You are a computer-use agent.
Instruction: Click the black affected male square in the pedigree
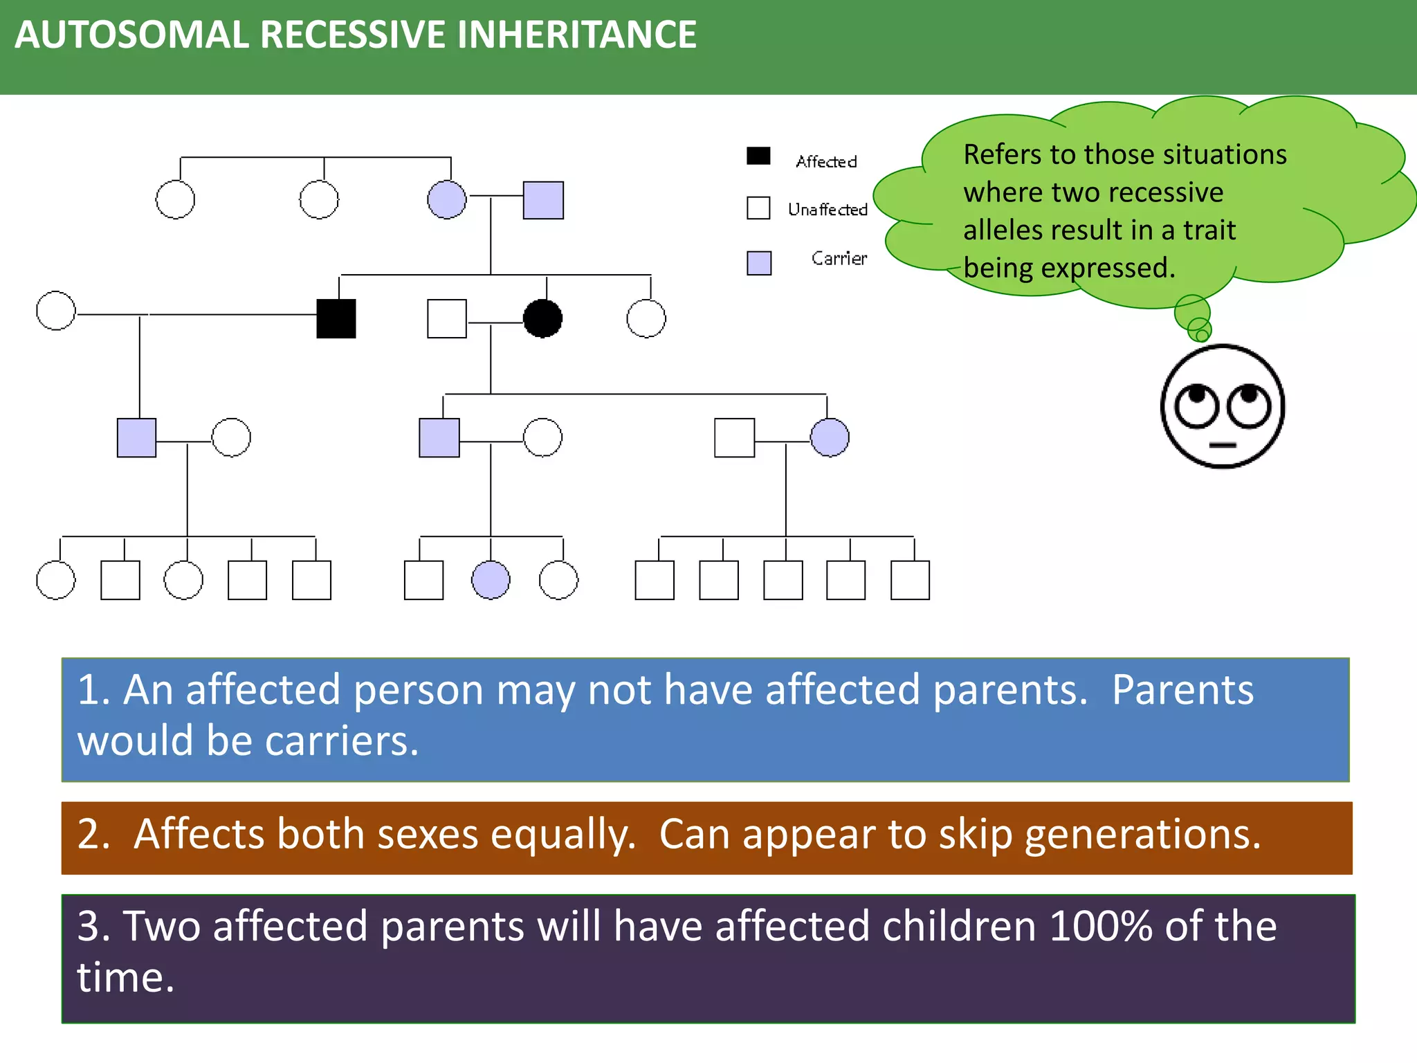click(x=336, y=318)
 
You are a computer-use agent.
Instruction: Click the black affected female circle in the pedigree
click(x=542, y=318)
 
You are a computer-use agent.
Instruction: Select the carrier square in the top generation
click(x=543, y=201)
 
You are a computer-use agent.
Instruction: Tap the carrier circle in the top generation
click(x=447, y=200)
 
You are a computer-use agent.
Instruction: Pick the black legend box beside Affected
click(x=758, y=156)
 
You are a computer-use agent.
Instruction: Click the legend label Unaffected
click(x=828, y=210)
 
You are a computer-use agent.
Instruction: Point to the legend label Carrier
click(x=839, y=259)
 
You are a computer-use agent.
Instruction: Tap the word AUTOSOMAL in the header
click(x=131, y=35)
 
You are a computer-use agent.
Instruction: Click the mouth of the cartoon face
click(x=1223, y=445)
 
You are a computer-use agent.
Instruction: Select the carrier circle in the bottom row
click(x=491, y=580)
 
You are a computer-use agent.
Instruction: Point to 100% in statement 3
click(x=1100, y=926)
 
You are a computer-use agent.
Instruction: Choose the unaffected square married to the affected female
click(x=447, y=318)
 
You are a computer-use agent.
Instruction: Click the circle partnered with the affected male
click(x=56, y=311)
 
